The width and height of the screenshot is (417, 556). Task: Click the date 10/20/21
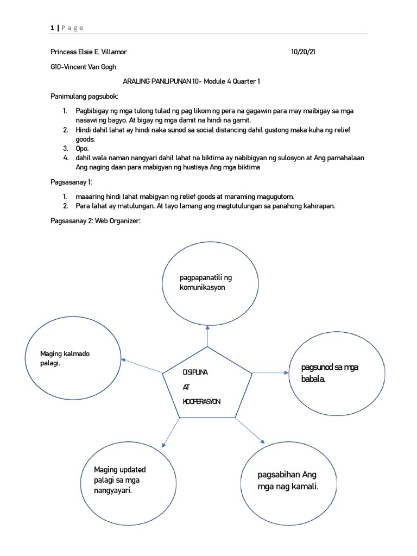tap(303, 52)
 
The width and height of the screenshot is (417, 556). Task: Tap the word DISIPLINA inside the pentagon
tap(195, 374)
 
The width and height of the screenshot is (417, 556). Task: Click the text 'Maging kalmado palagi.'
tap(65, 358)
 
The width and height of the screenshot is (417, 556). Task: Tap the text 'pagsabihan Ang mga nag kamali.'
tap(287, 481)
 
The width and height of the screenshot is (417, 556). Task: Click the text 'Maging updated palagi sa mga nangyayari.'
tap(120, 480)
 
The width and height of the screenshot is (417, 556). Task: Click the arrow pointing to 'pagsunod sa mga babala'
tap(270, 372)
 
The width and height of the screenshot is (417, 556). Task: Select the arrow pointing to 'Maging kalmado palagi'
tap(142, 365)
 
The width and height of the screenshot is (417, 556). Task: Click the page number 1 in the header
tap(52, 28)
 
